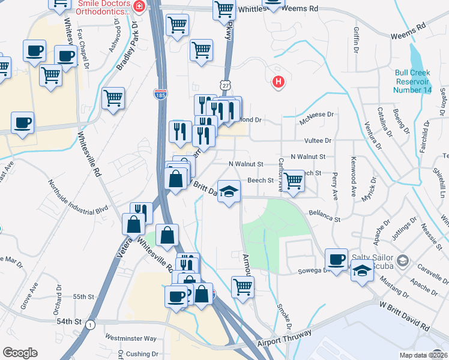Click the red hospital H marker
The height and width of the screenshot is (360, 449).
[x=278, y=82]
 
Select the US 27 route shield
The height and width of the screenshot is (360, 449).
[x=224, y=86]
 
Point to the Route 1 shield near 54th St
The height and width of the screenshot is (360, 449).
[x=89, y=325]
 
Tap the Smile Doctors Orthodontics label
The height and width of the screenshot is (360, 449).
[x=103, y=8]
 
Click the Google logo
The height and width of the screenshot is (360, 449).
[x=20, y=353]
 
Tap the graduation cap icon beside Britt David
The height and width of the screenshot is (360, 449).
[x=228, y=191]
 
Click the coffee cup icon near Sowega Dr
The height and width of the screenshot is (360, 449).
[x=337, y=259]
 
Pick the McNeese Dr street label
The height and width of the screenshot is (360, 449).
[x=316, y=114]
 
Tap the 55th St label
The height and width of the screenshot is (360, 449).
[x=84, y=297]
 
